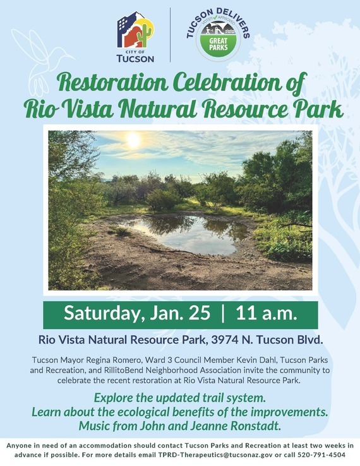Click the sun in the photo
pos(133,141)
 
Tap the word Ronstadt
pos(253,425)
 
